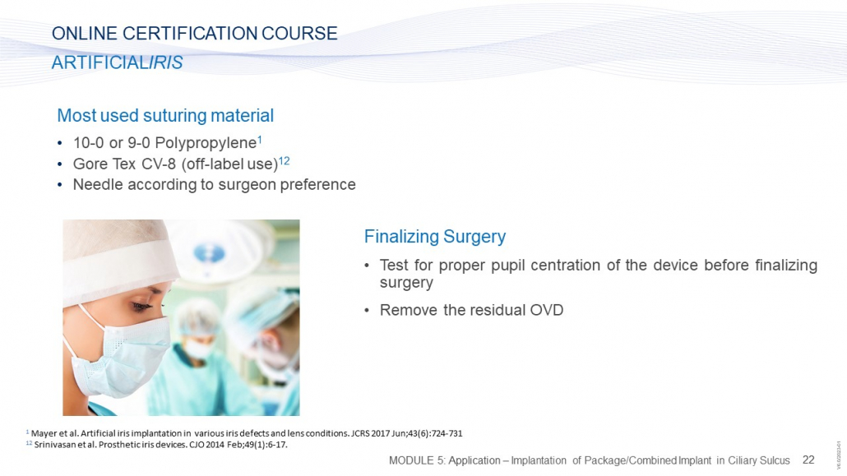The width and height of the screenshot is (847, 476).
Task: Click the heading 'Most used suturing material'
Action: (165, 116)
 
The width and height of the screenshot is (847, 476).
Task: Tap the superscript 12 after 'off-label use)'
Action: (285, 160)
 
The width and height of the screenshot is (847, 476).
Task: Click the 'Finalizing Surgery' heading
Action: (435, 237)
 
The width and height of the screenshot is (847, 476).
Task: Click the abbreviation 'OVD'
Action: (547, 310)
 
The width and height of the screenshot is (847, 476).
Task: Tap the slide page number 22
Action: (808, 460)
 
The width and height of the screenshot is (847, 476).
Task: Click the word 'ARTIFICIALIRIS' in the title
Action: (118, 62)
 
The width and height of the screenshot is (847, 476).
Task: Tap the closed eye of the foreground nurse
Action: (141, 307)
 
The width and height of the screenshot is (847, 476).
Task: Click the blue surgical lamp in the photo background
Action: (210, 253)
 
